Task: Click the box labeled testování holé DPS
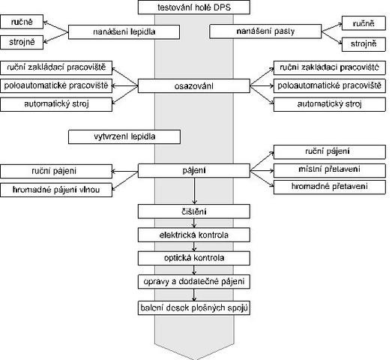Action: (x=193, y=7)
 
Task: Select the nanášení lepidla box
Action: (x=124, y=31)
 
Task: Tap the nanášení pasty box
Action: (x=265, y=31)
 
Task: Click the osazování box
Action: (x=193, y=86)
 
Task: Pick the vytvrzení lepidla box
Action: (x=124, y=136)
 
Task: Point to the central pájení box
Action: (x=193, y=170)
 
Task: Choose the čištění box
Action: (x=193, y=211)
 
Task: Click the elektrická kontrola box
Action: (x=193, y=235)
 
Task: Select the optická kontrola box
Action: (x=193, y=258)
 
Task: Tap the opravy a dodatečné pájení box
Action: (x=193, y=282)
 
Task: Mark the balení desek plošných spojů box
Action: (x=193, y=307)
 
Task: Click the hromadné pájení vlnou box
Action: (x=56, y=190)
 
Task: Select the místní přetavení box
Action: (x=330, y=169)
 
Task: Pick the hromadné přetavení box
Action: (x=330, y=187)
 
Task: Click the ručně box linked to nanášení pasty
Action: (x=364, y=23)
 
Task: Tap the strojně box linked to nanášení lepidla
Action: (x=22, y=42)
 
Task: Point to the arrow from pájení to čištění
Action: (x=194, y=191)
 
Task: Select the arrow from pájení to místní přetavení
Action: (x=262, y=170)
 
